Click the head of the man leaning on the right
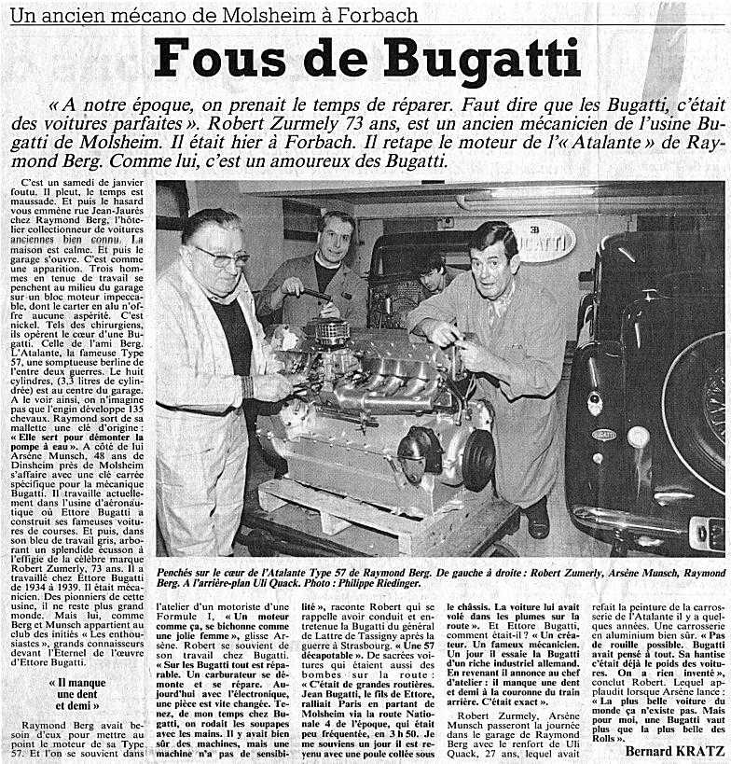[492, 254]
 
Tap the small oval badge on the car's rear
[604, 435]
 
